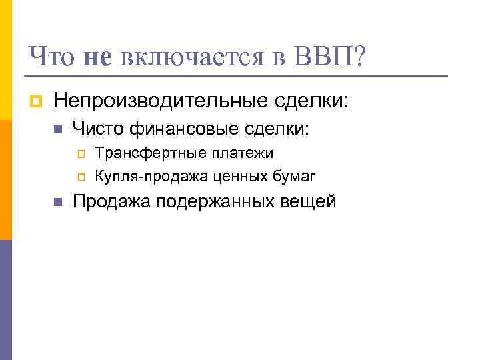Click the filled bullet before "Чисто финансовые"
(57, 129)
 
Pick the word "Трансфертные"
(143, 153)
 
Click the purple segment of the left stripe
(5, 300)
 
